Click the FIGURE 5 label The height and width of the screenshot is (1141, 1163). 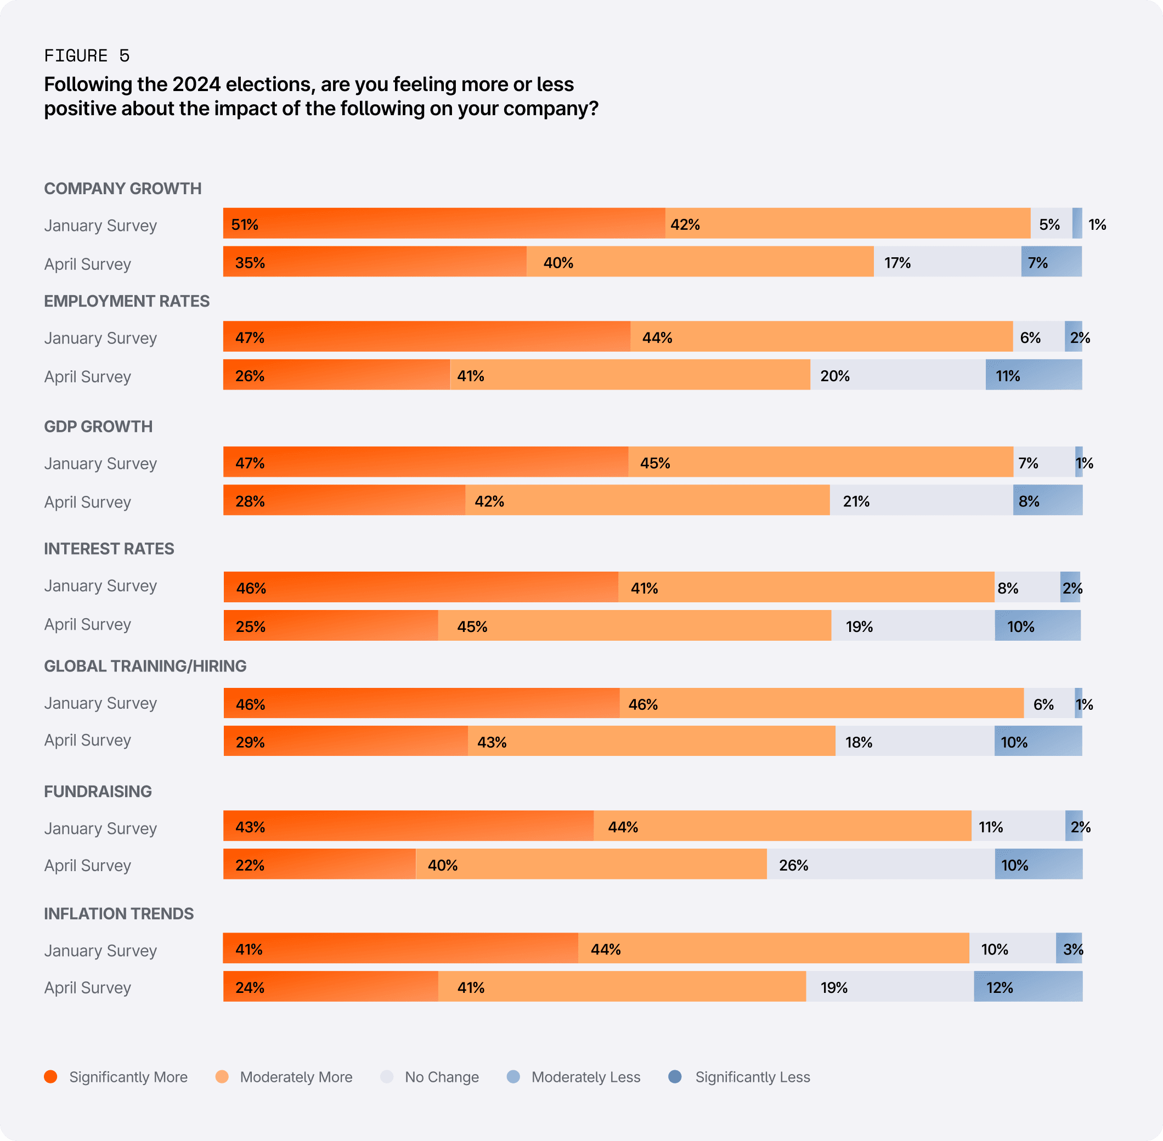click(x=87, y=56)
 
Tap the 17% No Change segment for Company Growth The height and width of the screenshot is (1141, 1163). click(x=947, y=262)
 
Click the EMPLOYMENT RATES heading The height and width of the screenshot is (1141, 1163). click(x=126, y=301)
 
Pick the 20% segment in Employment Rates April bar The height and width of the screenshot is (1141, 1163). click(x=897, y=375)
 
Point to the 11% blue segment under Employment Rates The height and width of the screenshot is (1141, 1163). click(x=1034, y=375)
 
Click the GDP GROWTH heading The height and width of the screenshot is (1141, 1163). click(x=98, y=426)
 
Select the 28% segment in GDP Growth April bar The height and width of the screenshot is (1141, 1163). click(x=344, y=500)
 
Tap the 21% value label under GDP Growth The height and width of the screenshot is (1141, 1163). click(x=856, y=501)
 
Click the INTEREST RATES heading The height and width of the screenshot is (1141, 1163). click(x=109, y=549)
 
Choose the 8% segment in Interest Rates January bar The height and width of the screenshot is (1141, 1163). click(x=1027, y=588)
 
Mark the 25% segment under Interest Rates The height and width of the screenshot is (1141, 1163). click(x=331, y=626)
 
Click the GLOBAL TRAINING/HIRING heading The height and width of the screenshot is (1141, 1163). click(x=145, y=666)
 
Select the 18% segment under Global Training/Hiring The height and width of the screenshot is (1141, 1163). click(x=914, y=741)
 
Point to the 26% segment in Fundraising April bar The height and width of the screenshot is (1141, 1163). click(x=880, y=864)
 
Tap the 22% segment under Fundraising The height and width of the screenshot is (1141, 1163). click(x=319, y=864)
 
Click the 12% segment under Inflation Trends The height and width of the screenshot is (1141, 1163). click(x=1027, y=986)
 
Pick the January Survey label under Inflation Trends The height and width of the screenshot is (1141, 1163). click(x=100, y=951)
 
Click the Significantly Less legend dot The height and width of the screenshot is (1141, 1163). click(x=675, y=1076)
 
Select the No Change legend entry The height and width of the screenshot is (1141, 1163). click(x=430, y=1077)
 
